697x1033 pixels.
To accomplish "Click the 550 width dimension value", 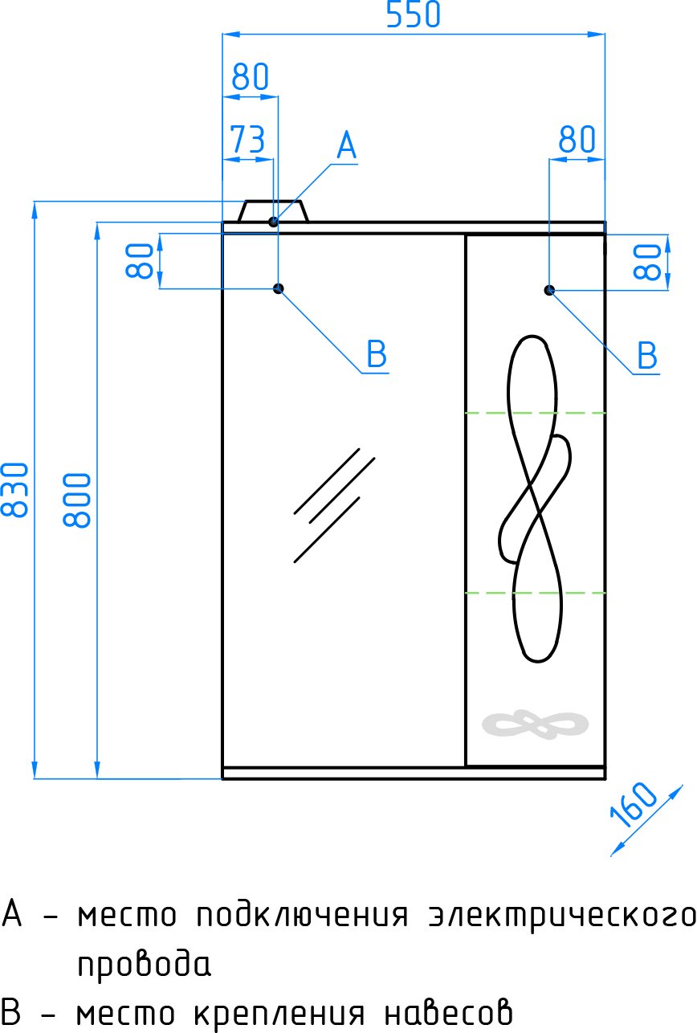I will [x=414, y=15].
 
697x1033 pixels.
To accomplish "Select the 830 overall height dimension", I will [x=18, y=489].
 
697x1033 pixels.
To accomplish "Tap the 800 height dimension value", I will [x=78, y=499].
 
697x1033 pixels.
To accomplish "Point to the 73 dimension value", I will [x=247, y=140].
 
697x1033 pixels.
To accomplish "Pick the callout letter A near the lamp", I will [x=346, y=147].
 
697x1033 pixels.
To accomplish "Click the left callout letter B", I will [x=377, y=354].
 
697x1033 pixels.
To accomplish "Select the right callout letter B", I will [x=646, y=355].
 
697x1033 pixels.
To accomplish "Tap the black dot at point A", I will [x=274, y=221].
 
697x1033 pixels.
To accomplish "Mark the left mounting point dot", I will [x=279, y=288].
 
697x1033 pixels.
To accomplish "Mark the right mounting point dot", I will [x=549, y=289].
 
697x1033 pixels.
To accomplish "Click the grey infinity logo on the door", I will [x=536, y=725].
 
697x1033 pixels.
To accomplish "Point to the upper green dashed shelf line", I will [x=535, y=413].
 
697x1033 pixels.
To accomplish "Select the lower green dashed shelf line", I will [x=535, y=593].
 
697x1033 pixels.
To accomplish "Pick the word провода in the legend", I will [x=145, y=964].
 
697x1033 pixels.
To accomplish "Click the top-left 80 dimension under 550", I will [x=250, y=78].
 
